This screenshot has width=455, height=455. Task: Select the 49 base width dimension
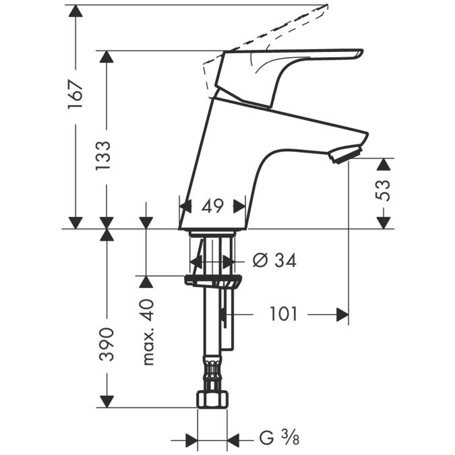point(212,206)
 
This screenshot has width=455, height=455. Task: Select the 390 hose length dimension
point(106,344)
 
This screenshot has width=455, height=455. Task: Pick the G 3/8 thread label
point(276,439)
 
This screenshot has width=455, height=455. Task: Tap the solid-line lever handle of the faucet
point(297,67)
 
